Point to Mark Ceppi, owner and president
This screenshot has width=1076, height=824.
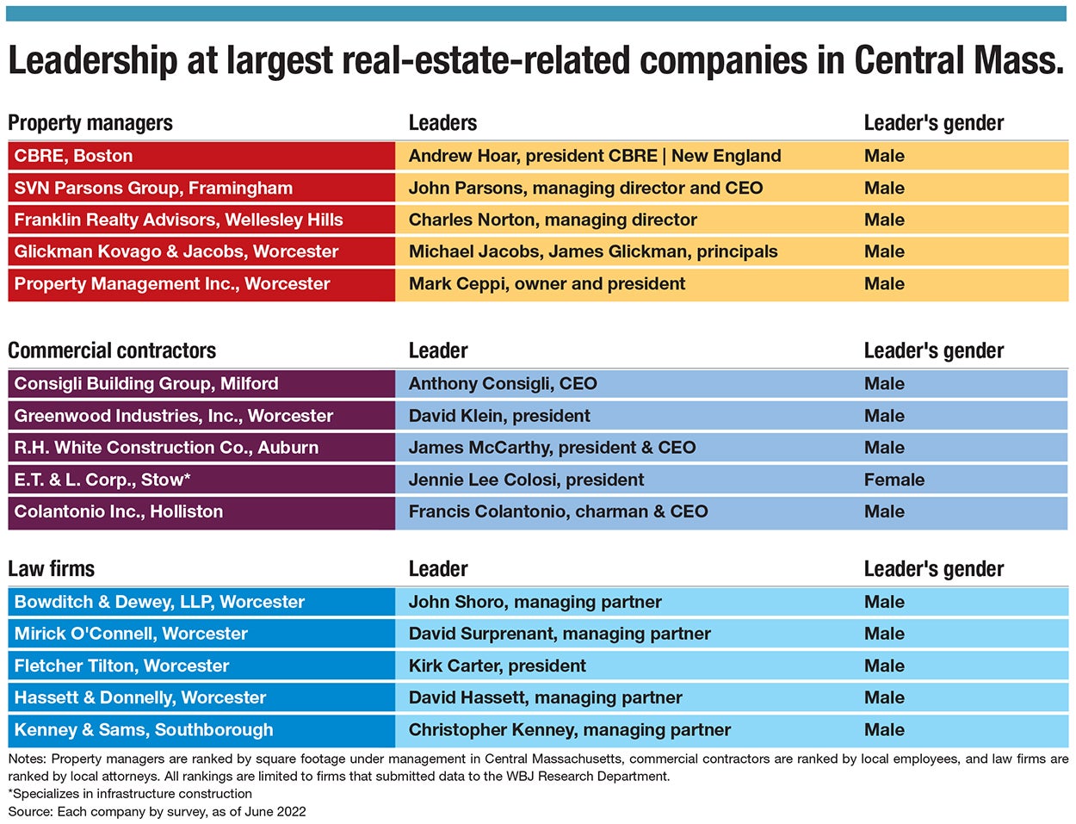coord(547,283)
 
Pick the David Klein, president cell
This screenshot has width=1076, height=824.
coord(499,416)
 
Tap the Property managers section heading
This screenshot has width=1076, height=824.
coord(90,123)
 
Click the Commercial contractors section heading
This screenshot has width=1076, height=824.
coord(112,350)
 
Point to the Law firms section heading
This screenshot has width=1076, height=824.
coord(51,568)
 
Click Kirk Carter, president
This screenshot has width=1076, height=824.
coord(497,666)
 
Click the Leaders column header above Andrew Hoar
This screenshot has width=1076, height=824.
coord(442,123)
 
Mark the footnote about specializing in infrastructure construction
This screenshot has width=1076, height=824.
coord(130,793)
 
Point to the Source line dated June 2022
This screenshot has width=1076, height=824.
coord(157,811)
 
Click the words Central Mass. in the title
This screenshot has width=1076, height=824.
coord(958,60)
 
